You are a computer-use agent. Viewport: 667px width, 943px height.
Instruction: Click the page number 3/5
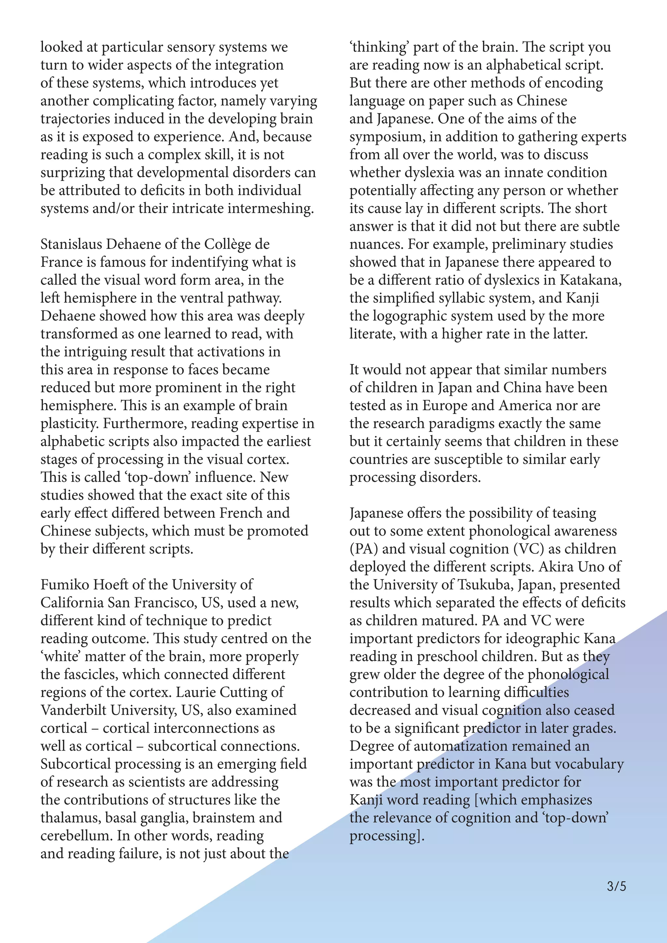point(616,886)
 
